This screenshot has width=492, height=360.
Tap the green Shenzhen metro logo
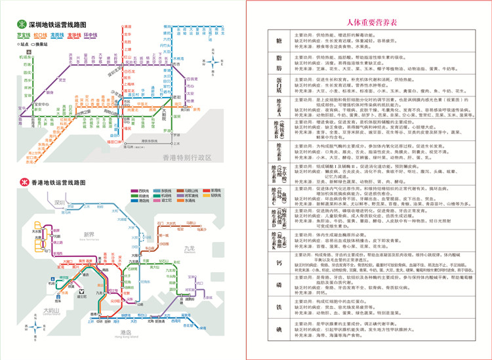pos(24,25)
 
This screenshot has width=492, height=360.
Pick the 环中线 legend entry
pos(89,35)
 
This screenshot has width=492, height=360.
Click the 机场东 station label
pos(25,58)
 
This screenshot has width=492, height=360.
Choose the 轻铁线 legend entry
pos(216,195)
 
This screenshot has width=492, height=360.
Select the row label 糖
pos(278,40)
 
